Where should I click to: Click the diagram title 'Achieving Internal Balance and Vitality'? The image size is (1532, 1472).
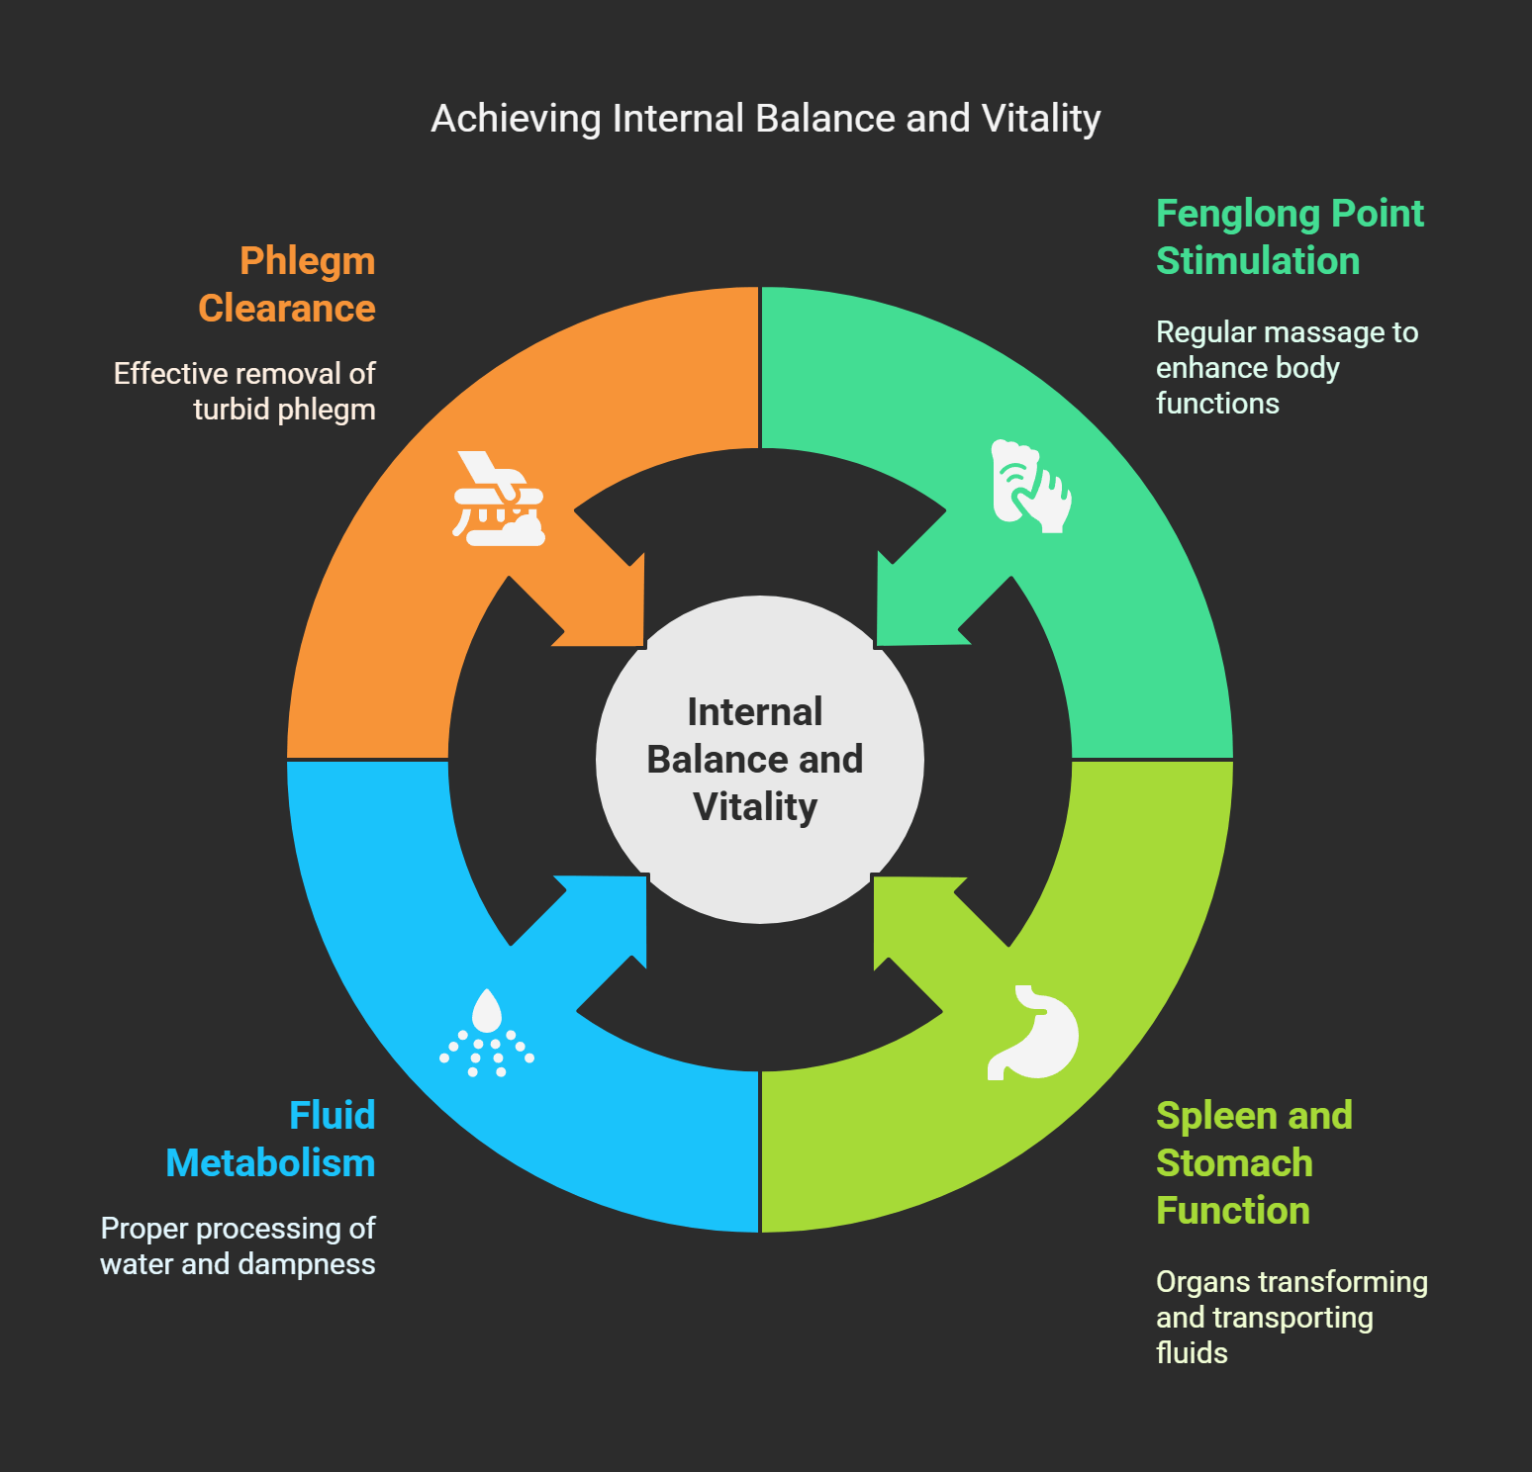coord(765,119)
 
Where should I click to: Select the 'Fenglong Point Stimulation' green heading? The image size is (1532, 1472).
coord(1289,237)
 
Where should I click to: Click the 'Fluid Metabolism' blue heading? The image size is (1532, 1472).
coord(271,1140)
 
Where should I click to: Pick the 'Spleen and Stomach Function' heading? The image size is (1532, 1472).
coord(1253,1163)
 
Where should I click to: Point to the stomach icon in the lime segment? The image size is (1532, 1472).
coord(1033,1033)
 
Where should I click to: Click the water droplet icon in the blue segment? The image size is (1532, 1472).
coord(487,1033)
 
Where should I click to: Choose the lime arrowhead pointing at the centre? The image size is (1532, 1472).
coord(914,915)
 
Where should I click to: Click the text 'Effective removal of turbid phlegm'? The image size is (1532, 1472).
coord(244,392)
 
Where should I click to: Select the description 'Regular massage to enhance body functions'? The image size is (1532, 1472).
coord(1287,368)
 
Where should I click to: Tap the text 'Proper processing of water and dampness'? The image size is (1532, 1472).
coord(238,1246)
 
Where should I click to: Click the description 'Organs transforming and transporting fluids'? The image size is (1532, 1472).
coord(1291,1318)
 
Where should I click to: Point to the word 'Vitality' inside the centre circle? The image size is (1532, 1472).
coord(755,807)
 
